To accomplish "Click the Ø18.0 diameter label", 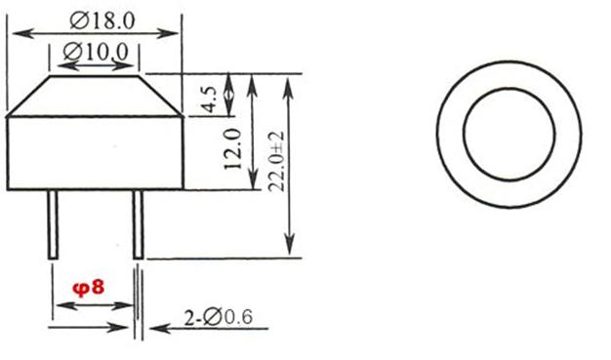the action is coord(102,20).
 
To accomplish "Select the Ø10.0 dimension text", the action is coord(96,52).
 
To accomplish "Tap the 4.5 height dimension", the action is coord(210,100).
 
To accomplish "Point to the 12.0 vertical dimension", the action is coord(233,149).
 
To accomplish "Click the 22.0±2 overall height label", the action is coord(276,161).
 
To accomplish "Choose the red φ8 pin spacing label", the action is coord(89,289).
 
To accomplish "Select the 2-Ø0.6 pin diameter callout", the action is coord(219,317).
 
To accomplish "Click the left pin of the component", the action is coord(53,224).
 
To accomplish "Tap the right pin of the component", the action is coord(138,224).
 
